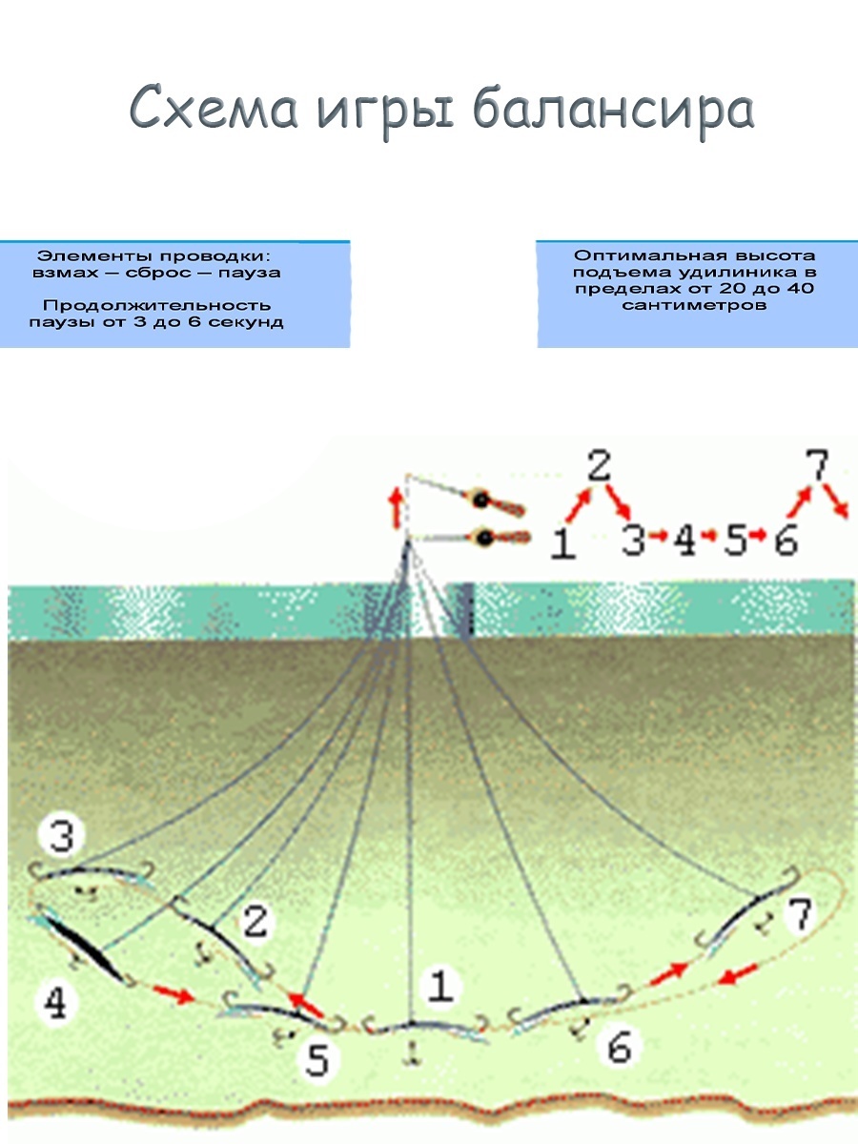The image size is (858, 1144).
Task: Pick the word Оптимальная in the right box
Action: click(x=636, y=255)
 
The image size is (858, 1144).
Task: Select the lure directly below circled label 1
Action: click(x=416, y=1028)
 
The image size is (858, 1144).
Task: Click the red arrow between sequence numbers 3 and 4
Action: click(x=660, y=541)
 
